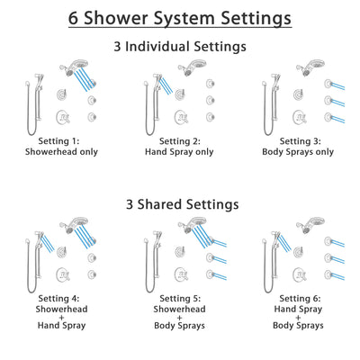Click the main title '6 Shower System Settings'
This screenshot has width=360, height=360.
coord(180,17)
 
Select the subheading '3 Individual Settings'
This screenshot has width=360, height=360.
coord(180,45)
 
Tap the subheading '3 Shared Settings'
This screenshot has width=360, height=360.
coord(180,204)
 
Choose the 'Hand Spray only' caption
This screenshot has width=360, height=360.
coord(180,152)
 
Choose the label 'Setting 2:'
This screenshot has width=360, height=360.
coord(180,142)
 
